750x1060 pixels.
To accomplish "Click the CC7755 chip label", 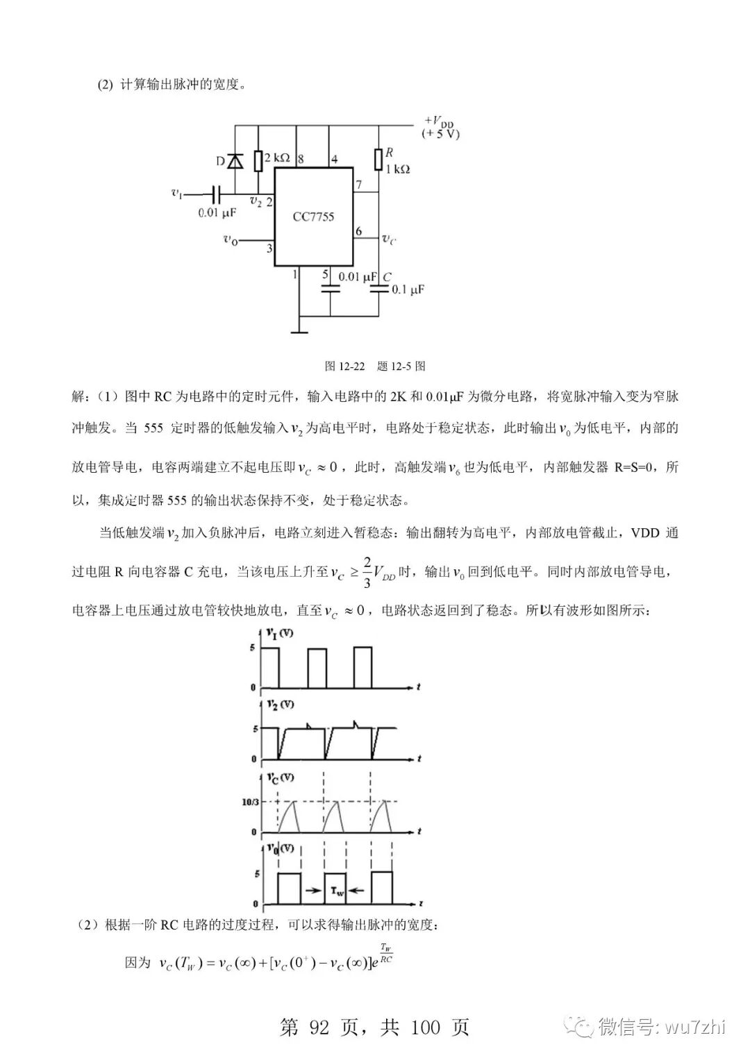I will tap(313, 217).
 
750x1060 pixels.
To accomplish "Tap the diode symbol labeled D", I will tap(235, 161).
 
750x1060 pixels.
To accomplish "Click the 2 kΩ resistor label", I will tap(277, 158).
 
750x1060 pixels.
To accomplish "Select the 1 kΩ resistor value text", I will tap(397, 169).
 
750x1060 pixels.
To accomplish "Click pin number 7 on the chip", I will tap(358, 185).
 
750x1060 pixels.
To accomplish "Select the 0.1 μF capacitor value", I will tap(408, 289).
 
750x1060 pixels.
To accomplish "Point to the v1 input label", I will tap(177, 192).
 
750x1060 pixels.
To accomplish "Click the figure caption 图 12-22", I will tap(344, 366).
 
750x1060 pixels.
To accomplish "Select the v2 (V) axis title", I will tap(280, 705).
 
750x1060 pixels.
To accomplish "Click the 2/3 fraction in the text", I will tap(367, 571).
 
